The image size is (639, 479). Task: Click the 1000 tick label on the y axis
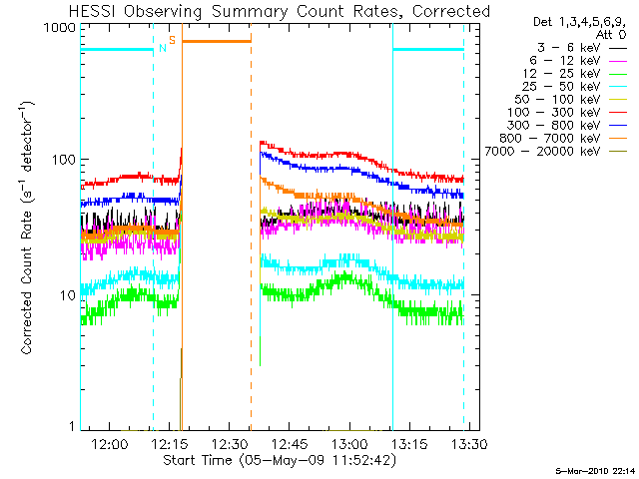pyautogui.click(x=60, y=27)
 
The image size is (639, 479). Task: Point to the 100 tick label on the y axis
pyautogui.click(x=64, y=160)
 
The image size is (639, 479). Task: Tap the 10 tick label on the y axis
pyautogui.click(x=68, y=295)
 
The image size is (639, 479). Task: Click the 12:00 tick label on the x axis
pyautogui.click(x=109, y=444)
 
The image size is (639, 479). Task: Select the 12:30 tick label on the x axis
pyautogui.click(x=230, y=444)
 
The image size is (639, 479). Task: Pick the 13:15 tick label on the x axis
pyautogui.click(x=409, y=444)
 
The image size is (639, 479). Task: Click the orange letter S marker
pyautogui.click(x=173, y=40)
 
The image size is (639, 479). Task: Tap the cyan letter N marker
pyautogui.click(x=163, y=48)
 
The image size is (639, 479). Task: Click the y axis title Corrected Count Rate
pyautogui.click(x=27, y=282)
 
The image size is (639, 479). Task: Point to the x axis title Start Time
pyautogui.click(x=198, y=460)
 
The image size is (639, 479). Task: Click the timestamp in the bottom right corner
pyautogui.click(x=595, y=471)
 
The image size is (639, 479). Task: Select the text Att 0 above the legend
pyautogui.click(x=610, y=35)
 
